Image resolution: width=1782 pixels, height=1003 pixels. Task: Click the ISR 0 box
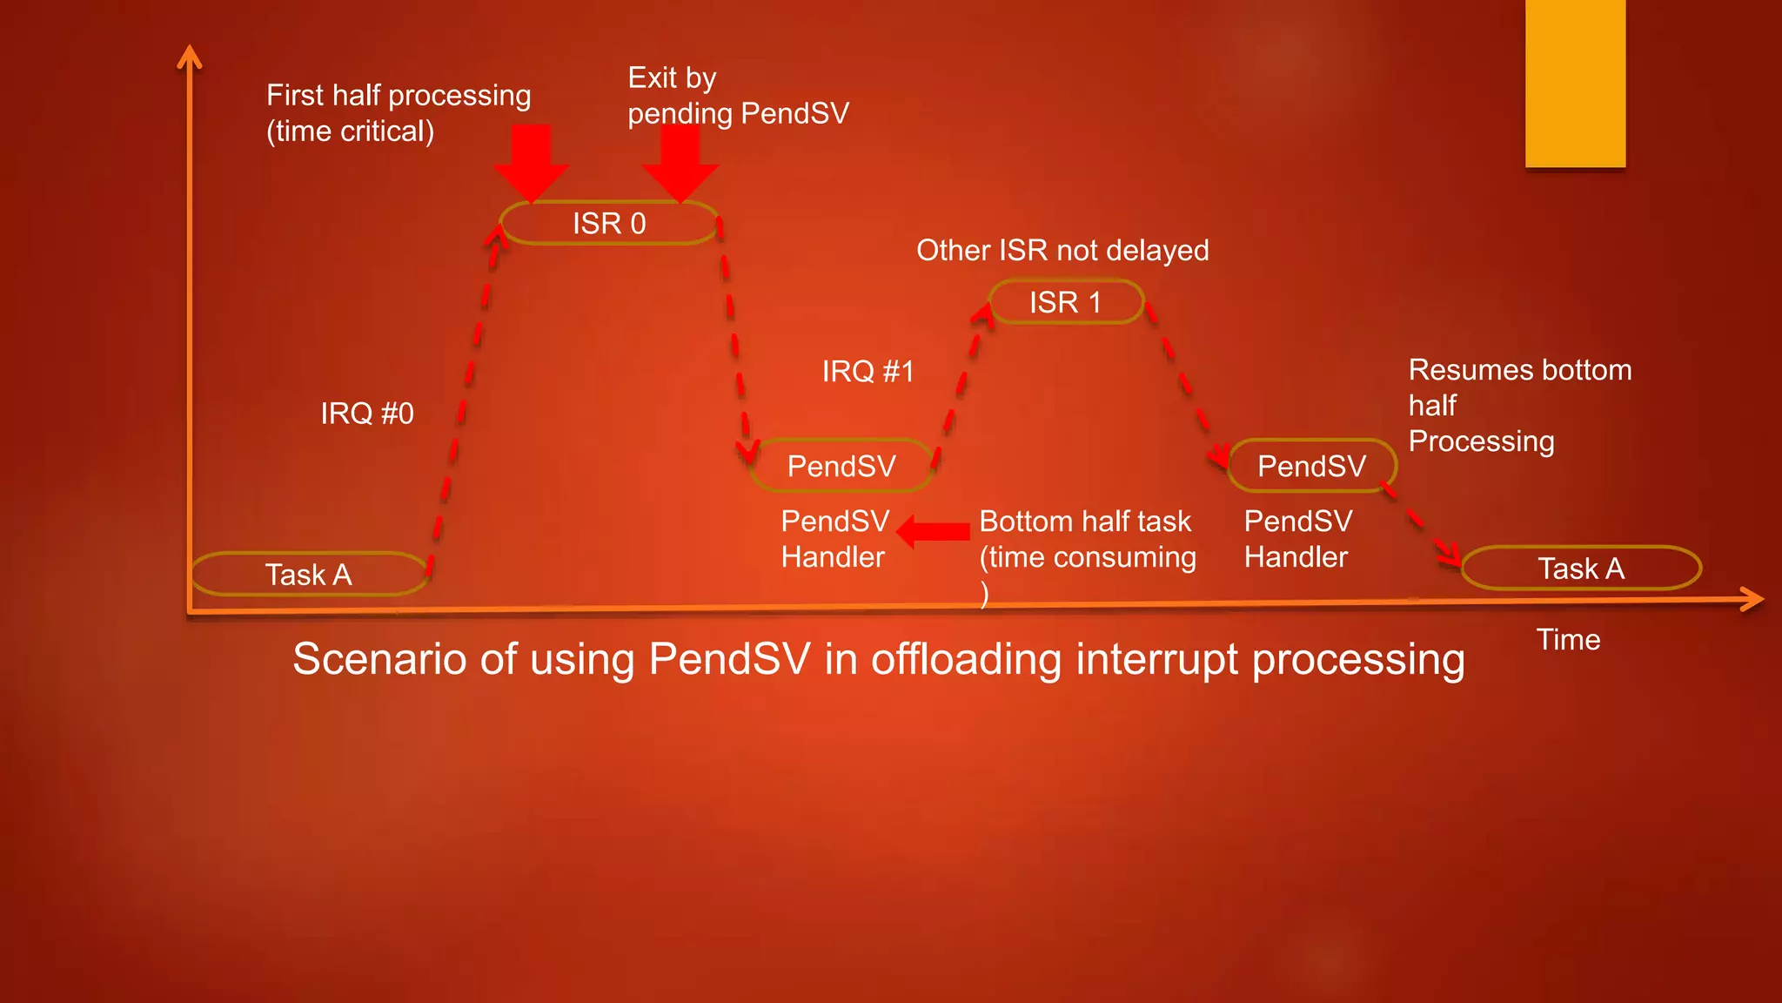click(609, 224)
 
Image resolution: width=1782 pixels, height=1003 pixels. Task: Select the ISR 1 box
click(1066, 302)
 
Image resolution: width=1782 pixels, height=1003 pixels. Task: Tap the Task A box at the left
click(309, 575)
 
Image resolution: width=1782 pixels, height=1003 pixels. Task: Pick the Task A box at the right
click(1581, 569)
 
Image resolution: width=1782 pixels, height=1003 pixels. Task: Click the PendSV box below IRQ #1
click(841, 466)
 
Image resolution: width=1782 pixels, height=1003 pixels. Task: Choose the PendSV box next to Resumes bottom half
click(1311, 466)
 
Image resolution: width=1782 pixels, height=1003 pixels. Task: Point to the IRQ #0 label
click(367, 413)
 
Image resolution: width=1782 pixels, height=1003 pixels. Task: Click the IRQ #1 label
click(868, 372)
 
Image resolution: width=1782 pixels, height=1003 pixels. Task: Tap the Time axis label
click(1568, 640)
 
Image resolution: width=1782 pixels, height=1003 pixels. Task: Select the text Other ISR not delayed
click(1062, 251)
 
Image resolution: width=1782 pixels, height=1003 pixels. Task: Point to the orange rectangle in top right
click(1575, 84)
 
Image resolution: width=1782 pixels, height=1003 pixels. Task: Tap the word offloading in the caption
click(966, 659)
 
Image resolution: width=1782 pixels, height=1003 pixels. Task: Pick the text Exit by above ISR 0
click(672, 78)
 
